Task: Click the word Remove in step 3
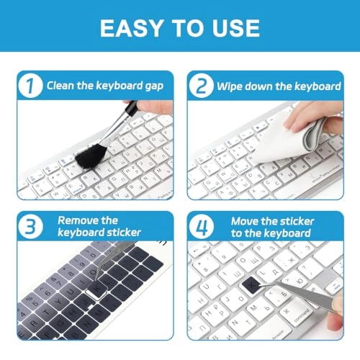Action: coord(78,220)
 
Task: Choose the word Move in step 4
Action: coord(245,220)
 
